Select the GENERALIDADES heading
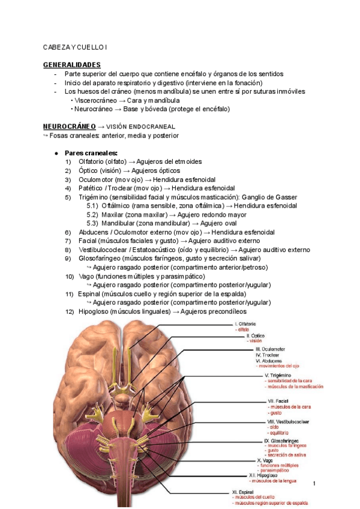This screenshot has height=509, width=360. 72,64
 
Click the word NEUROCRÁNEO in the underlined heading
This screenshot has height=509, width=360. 70,127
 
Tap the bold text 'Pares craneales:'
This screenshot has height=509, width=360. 91,153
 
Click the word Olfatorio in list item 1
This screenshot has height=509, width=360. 91,162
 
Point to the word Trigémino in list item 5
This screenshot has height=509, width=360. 94,197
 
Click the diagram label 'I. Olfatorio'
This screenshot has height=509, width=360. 246,324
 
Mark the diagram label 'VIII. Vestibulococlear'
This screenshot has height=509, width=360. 289,422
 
